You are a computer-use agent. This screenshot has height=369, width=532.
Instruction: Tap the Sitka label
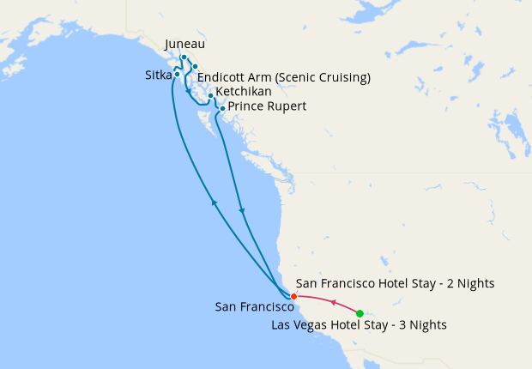click(x=158, y=75)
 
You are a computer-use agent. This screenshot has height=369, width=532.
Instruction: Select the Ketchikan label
click(x=244, y=92)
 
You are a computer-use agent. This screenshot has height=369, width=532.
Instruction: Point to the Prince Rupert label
click(x=267, y=106)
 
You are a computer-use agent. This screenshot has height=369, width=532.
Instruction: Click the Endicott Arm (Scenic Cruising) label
click(x=284, y=77)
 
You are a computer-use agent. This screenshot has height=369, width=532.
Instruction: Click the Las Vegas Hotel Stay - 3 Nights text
click(x=359, y=325)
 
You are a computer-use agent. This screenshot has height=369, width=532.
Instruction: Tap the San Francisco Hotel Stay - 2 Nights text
click(x=395, y=283)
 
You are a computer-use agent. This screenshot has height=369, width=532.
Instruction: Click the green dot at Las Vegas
click(x=360, y=313)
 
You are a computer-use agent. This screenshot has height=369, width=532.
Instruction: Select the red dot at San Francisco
click(x=293, y=297)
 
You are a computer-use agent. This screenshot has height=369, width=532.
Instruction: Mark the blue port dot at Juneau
click(x=184, y=58)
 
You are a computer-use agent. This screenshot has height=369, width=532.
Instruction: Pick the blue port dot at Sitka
click(x=177, y=74)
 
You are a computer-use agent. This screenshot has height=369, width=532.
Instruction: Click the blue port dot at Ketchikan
click(x=210, y=95)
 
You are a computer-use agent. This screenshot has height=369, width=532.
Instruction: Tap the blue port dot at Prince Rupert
click(x=222, y=109)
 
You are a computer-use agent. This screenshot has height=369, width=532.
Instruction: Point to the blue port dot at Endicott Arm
click(x=195, y=67)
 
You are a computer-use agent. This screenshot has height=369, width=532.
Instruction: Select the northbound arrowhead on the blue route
click(x=215, y=203)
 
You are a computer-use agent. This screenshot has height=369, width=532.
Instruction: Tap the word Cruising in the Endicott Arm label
click(x=341, y=77)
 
